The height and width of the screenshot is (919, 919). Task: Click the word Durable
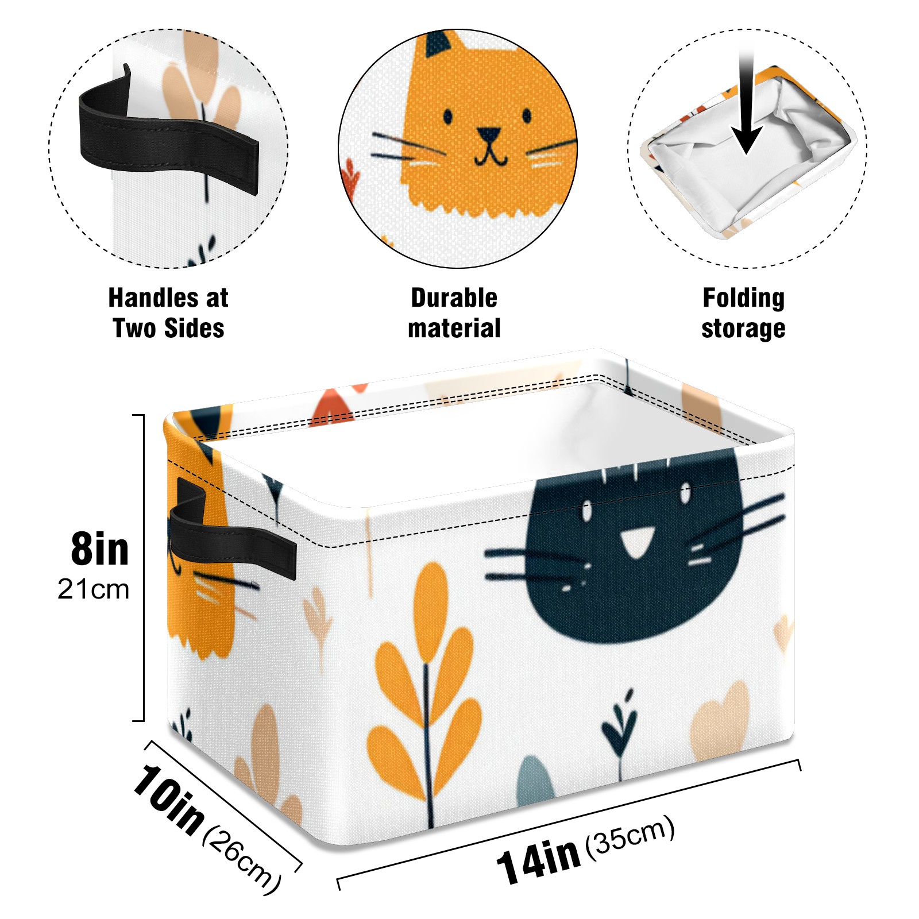[x=454, y=298]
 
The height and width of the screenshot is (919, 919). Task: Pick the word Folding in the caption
[x=744, y=299]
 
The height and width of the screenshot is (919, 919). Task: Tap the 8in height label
[x=99, y=549]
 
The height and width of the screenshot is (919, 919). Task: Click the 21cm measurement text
[x=94, y=589]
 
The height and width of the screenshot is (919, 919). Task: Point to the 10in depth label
[x=168, y=798]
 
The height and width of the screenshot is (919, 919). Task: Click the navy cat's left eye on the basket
[x=586, y=510]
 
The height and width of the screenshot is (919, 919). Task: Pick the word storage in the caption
[x=743, y=329]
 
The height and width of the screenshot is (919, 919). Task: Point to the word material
[x=454, y=329]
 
